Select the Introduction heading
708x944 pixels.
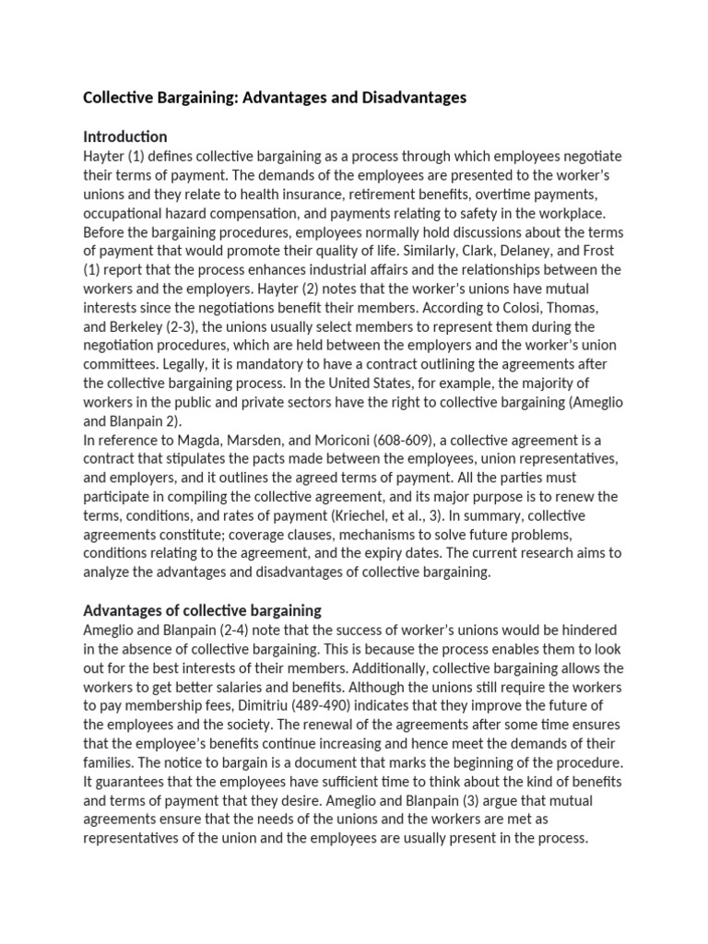(x=125, y=136)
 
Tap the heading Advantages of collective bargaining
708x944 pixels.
(x=202, y=610)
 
